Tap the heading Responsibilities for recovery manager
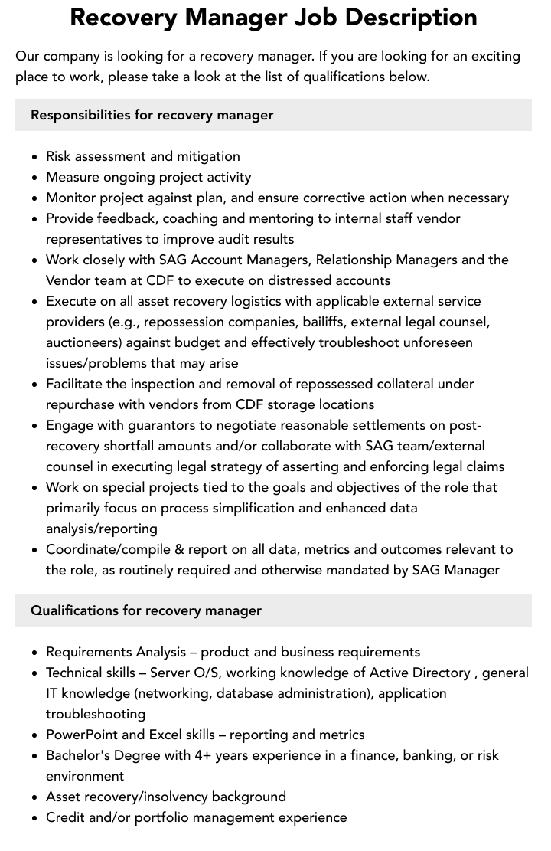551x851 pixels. pyautogui.click(x=152, y=115)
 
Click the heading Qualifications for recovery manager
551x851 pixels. pyautogui.click(x=146, y=610)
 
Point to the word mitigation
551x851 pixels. pyautogui.click(x=208, y=156)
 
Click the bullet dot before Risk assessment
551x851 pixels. pyautogui.click(x=35, y=157)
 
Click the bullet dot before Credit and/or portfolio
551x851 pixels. pyautogui.click(x=35, y=818)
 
